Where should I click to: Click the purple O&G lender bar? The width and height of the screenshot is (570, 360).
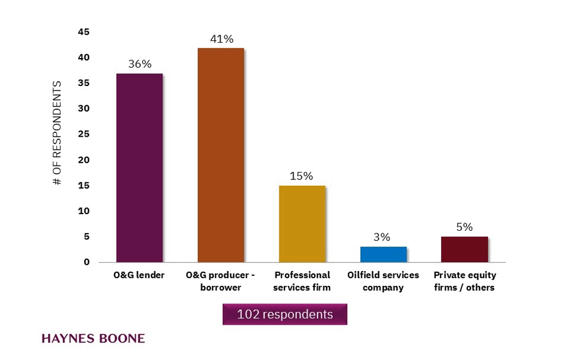coord(139,168)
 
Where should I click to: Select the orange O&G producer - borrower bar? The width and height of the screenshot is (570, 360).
coord(221,155)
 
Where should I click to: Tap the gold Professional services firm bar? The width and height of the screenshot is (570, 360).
coord(302,223)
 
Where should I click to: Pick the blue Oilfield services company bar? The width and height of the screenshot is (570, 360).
coord(383,254)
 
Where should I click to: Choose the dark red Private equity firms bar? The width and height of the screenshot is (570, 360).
coord(465,249)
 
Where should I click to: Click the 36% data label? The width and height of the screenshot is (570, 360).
coord(140,64)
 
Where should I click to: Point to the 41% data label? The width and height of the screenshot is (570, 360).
coord(221,39)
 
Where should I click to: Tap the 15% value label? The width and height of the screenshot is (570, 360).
coord(302,176)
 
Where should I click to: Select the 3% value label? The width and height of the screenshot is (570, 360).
coord(382,238)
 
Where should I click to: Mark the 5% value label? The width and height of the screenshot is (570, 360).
coord(464,227)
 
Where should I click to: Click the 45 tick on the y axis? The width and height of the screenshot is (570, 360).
coord(83,32)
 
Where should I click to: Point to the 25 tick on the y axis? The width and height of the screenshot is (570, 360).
coord(83,134)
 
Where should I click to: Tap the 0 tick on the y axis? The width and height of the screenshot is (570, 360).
coord(87,262)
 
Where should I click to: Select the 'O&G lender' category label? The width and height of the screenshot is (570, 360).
coord(139,275)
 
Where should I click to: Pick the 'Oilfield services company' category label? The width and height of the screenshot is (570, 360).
coord(383,281)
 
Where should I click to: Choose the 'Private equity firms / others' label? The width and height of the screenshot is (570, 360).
coord(464,281)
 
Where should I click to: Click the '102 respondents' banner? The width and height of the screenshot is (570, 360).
coord(284,314)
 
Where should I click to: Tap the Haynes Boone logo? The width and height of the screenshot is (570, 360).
coord(93,339)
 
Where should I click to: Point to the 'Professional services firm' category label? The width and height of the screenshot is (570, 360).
coord(302,281)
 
